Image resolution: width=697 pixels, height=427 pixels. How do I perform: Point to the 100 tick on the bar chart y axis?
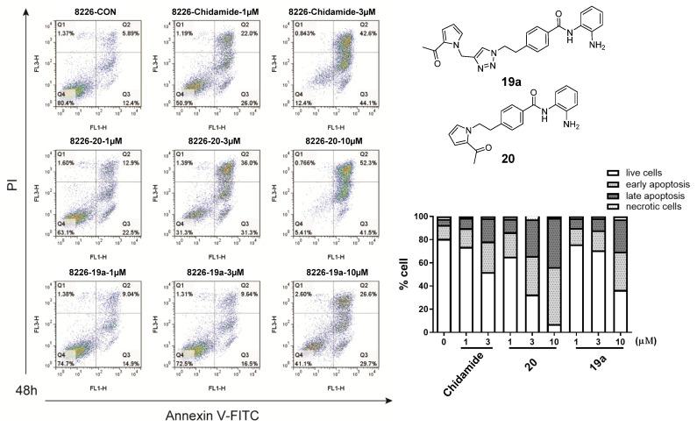click(x=423, y=217)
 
